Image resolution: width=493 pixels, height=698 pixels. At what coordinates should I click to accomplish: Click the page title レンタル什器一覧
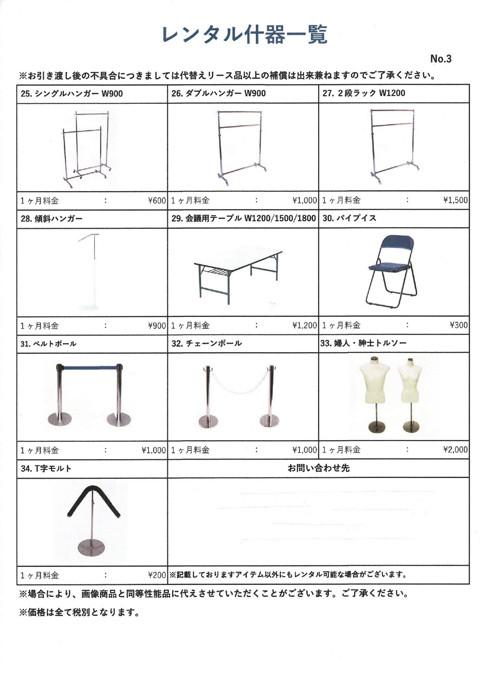tap(244, 35)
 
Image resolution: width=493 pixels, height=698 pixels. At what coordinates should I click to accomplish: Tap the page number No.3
tap(440, 59)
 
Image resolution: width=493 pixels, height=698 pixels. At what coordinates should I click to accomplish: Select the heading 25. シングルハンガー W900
tap(72, 94)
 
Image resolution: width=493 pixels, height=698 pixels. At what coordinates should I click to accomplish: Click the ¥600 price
tap(157, 201)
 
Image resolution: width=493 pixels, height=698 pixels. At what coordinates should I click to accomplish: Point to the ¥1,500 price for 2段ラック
tap(455, 200)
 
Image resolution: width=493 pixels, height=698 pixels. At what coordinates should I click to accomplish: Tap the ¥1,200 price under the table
tap(304, 325)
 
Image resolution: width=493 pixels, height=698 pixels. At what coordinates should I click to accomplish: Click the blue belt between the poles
tap(89, 367)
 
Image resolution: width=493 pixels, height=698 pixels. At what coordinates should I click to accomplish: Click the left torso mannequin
tap(373, 381)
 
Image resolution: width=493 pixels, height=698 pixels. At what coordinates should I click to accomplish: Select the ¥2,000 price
tap(455, 450)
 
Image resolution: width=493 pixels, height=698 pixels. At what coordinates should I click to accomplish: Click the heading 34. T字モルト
tap(46, 468)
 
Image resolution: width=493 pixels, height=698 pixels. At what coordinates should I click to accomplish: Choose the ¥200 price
tap(157, 575)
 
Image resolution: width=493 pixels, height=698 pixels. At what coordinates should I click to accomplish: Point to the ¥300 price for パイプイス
tap(459, 325)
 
